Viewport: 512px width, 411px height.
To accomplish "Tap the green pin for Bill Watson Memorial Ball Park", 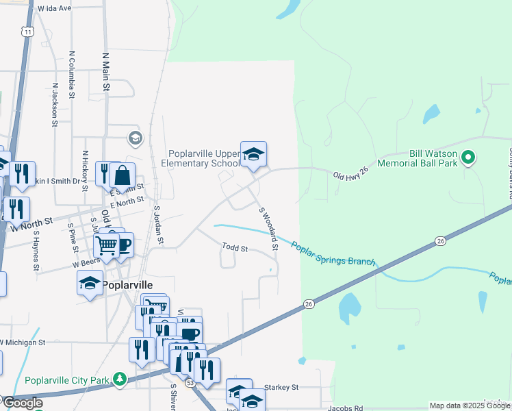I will point(468,158).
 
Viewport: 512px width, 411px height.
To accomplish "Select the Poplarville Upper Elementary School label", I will point(201,158).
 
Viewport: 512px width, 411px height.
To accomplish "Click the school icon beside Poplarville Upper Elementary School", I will point(253,155).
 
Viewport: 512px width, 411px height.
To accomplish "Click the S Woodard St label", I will point(268,228).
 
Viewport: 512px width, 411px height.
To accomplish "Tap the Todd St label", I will point(235,248).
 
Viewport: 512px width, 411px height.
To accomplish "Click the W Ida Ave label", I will point(55,9).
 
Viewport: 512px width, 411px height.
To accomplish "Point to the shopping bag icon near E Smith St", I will point(122,175).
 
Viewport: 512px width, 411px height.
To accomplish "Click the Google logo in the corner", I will point(23,403).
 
